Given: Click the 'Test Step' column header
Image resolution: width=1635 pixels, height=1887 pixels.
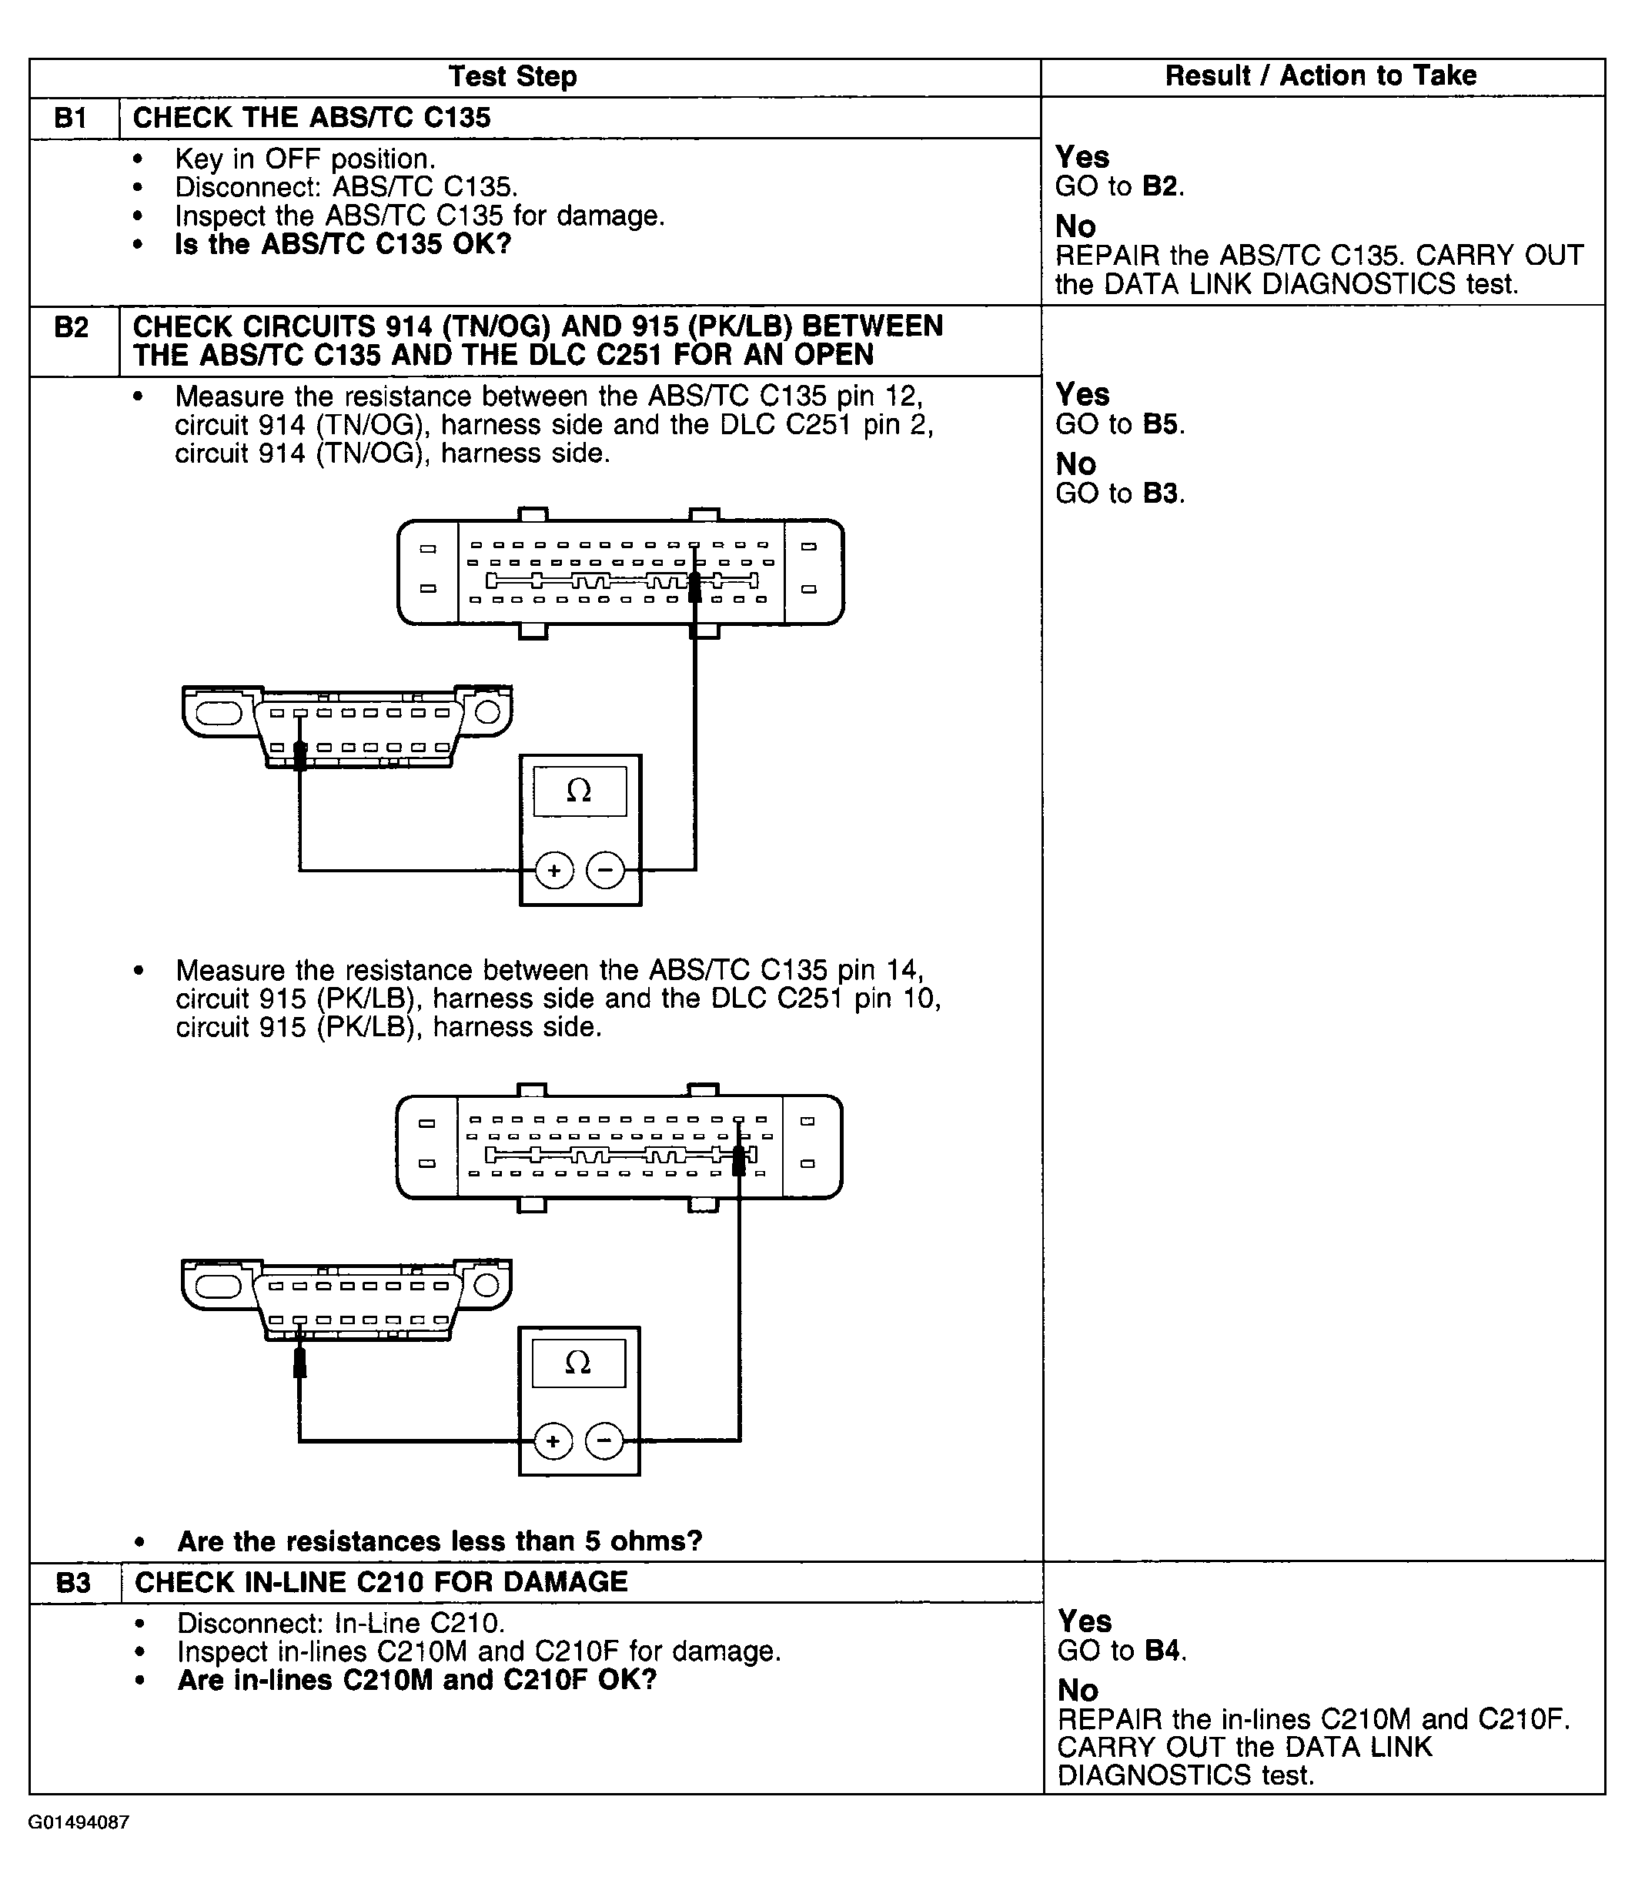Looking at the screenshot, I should [512, 77].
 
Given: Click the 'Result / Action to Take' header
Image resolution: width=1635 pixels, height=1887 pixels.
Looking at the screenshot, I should [1320, 75].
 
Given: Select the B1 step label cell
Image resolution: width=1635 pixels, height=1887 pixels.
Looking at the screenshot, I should [72, 118].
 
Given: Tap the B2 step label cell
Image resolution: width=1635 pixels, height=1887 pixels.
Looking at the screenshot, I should [72, 326].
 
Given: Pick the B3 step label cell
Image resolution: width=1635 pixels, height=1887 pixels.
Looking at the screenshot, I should [74, 1582].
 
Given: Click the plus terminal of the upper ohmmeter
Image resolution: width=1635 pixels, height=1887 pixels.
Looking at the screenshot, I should [553, 871].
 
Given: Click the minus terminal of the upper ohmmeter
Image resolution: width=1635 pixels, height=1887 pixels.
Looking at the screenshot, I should [605, 871].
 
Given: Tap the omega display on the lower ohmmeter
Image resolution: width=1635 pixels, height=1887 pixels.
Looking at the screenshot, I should [578, 1364].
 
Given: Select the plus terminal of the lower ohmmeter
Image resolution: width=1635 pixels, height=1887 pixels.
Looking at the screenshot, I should [552, 1442].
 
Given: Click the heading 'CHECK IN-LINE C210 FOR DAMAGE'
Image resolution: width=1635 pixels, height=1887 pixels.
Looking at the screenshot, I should [381, 1582].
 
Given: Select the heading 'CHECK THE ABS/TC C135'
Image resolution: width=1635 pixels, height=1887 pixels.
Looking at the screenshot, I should [312, 118].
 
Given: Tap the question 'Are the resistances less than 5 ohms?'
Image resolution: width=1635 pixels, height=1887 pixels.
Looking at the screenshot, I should [440, 1541].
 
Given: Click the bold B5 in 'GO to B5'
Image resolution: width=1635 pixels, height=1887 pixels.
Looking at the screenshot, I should [1161, 424].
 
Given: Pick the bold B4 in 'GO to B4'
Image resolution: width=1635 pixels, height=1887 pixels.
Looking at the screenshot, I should [1162, 1651].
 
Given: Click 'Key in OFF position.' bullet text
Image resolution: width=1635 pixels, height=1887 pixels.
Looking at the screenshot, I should [305, 159].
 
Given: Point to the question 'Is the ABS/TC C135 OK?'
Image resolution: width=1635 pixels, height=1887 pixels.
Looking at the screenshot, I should [343, 245].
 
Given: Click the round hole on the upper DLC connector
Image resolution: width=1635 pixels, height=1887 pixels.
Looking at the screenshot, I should [488, 711].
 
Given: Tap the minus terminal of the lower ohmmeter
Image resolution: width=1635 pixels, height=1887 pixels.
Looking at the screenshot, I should [603, 1442].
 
